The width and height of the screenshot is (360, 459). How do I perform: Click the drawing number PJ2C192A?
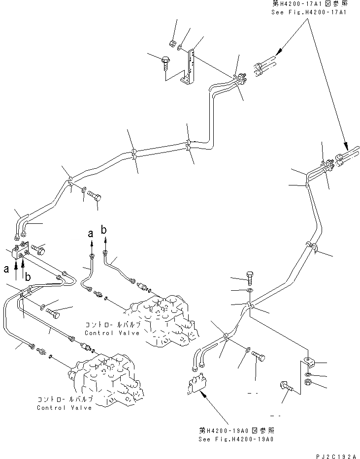pyautogui.click(x=334, y=455)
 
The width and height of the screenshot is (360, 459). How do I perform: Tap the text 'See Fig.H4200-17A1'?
pyautogui.click(x=309, y=12)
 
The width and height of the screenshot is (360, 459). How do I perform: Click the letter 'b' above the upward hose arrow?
pyautogui.click(x=104, y=229)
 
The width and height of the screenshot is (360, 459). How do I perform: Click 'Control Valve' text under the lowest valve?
pyautogui.click(x=64, y=408)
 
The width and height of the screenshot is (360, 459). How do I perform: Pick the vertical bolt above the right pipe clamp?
pyautogui.click(x=249, y=278)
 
